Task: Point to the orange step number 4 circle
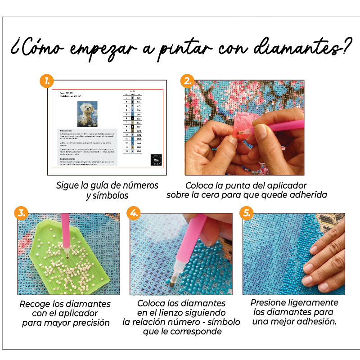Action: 133,213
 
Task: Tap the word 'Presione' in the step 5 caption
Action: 270,302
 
